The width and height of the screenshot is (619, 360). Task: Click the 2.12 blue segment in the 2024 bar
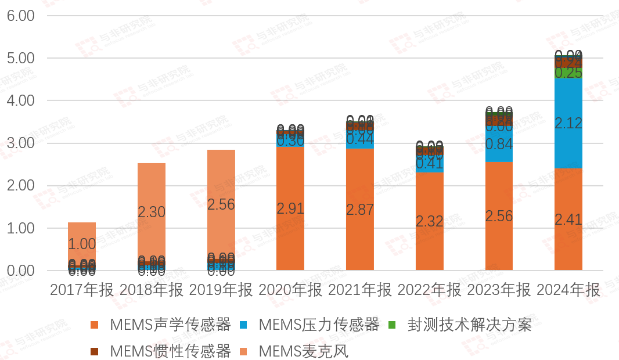click(568, 123)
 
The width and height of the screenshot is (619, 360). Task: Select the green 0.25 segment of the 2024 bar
click(568, 73)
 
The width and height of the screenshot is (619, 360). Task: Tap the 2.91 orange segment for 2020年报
click(290, 208)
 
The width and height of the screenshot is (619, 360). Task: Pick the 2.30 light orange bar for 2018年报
click(152, 212)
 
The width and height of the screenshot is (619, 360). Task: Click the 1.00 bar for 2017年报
click(82, 244)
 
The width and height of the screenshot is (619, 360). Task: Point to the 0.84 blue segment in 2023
click(499, 144)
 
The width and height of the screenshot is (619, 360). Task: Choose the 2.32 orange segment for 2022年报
click(430, 221)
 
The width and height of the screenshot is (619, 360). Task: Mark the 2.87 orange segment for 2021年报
click(360, 210)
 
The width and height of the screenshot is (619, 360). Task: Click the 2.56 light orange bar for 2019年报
click(221, 204)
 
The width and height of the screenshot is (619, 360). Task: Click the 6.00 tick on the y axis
click(21, 16)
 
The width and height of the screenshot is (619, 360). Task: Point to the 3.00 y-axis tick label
click(21, 143)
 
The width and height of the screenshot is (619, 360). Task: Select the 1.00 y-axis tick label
click(21, 228)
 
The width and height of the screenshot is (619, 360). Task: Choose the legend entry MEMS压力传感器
click(319, 324)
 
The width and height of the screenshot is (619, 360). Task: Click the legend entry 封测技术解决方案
click(469, 324)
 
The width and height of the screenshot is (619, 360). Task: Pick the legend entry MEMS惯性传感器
click(170, 351)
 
